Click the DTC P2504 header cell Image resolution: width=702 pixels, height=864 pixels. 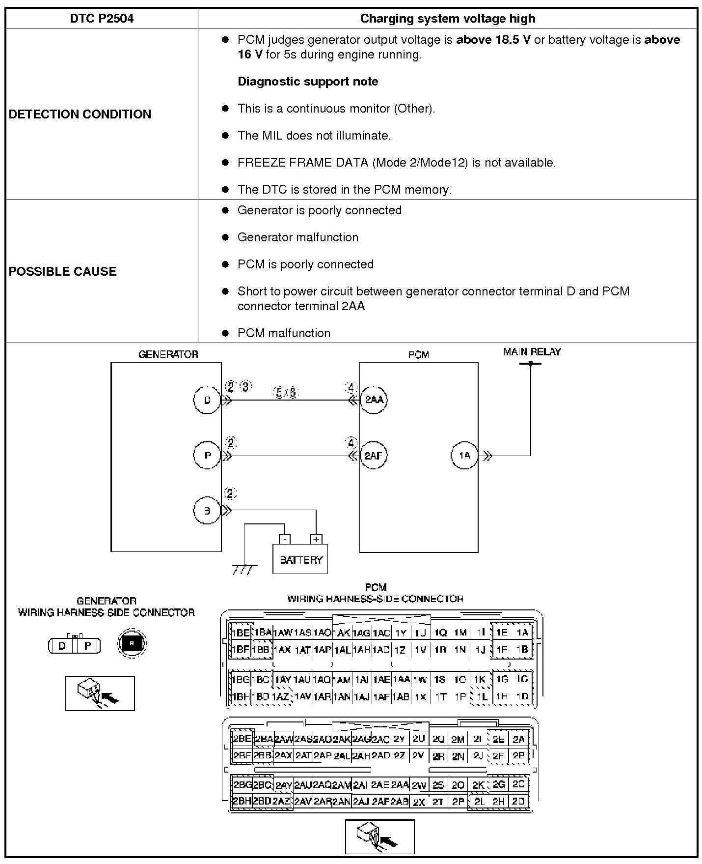[102, 19]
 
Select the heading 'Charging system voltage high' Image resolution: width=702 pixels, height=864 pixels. [447, 19]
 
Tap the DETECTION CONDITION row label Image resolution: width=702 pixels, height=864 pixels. [80, 114]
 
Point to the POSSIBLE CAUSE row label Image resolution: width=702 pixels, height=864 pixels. [62, 271]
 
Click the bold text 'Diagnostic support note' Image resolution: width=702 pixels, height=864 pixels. [308, 82]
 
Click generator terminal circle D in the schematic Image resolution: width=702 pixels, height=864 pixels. [207, 400]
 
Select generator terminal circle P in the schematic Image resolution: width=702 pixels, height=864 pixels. [207, 455]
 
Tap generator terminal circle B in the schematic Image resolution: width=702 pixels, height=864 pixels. [207, 511]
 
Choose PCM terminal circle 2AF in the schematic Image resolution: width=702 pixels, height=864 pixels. [373, 455]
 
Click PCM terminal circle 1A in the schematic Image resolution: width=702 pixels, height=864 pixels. [464, 455]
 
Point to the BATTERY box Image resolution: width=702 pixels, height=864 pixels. [300, 559]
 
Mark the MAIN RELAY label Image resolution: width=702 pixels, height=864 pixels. [532, 352]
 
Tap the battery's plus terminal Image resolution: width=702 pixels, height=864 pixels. [316, 539]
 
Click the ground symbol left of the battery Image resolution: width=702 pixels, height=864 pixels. [244, 569]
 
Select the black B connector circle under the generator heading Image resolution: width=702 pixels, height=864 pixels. [132, 643]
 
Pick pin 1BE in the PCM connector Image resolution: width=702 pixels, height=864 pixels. [241, 633]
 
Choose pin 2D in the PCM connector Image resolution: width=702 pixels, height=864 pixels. [518, 801]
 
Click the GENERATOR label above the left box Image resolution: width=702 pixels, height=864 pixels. [168, 354]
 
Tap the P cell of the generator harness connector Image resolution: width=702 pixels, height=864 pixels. [87, 646]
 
